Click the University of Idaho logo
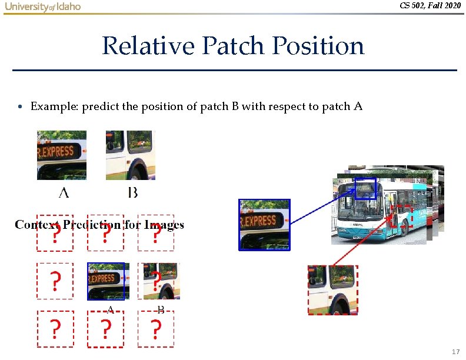43,6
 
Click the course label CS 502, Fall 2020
430,5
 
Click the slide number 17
455,352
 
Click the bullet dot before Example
20,107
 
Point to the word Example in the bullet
54,106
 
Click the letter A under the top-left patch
64,192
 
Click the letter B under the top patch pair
133,192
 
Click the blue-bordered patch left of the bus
264,225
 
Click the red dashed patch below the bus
332,289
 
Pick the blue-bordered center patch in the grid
106,281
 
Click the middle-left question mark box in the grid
55,281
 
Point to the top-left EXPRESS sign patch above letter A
62,155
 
